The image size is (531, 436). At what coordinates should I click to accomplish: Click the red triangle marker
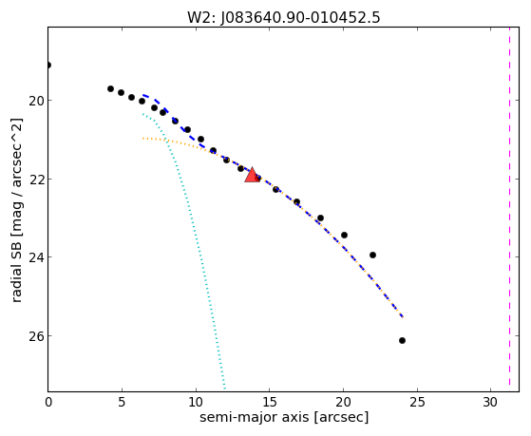click(x=252, y=175)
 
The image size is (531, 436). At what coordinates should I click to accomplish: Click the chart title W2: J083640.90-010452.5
click(x=284, y=17)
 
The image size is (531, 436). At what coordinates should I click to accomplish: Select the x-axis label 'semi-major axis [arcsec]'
click(x=284, y=417)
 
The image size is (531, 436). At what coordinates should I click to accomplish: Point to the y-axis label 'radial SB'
click(x=16, y=270)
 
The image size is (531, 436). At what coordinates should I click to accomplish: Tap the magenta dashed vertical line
click(x=509, y=209)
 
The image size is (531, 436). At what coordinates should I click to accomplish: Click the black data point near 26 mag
click(x=402, y=340)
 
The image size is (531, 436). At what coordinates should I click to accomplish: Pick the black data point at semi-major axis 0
click(x=48, y=65)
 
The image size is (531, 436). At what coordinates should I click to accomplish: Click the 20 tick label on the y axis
click(x=36, y=101)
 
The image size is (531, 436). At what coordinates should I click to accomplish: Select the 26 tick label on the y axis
click(x=36, y=336)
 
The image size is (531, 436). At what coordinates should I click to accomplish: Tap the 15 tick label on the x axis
click(x=269, y=402)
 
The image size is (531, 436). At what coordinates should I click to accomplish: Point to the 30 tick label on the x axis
click(x=490, y=402)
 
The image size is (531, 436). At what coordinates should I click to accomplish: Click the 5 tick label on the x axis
click(x=122, y=402)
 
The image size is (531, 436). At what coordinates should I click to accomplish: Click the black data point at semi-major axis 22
click(x=372, y=255)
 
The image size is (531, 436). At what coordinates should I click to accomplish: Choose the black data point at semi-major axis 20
click(x=344, y=235)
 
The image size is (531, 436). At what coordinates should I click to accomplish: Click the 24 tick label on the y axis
click(x=36, y=257)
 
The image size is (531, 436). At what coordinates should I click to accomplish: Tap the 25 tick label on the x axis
click(x=417, y=402)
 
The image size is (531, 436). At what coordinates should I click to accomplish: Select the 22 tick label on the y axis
click(x=36, y=180)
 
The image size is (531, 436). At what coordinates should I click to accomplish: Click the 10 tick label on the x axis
click(x=196, y=402)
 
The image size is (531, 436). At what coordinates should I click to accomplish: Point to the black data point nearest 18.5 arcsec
click(x=320, y=218)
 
